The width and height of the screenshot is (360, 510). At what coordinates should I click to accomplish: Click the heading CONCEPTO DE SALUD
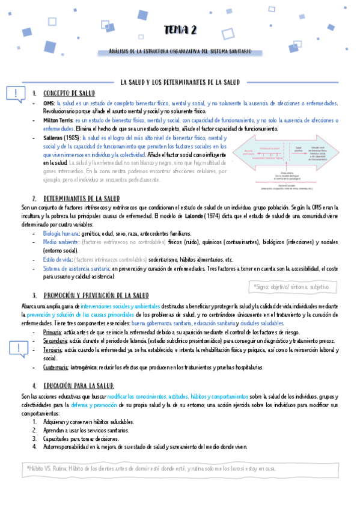click(70, 93)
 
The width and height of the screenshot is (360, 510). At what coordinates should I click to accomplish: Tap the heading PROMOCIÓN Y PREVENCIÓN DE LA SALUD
click(96, 295)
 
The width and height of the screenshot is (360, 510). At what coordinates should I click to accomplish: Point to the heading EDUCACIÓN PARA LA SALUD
click(79, 385)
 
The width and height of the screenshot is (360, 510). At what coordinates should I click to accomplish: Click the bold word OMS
click(49, 103)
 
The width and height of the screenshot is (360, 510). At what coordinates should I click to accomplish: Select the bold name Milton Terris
click(58, 120)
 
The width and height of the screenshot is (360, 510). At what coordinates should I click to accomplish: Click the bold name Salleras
click(55, 138)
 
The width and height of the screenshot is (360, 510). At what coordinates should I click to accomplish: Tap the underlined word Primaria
click(52, 331)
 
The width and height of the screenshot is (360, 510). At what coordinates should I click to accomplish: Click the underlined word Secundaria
click(55, 340)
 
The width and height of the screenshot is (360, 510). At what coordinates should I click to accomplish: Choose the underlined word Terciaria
click(53, 349)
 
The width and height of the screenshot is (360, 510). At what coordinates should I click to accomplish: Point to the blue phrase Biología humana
click(61, 233)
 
